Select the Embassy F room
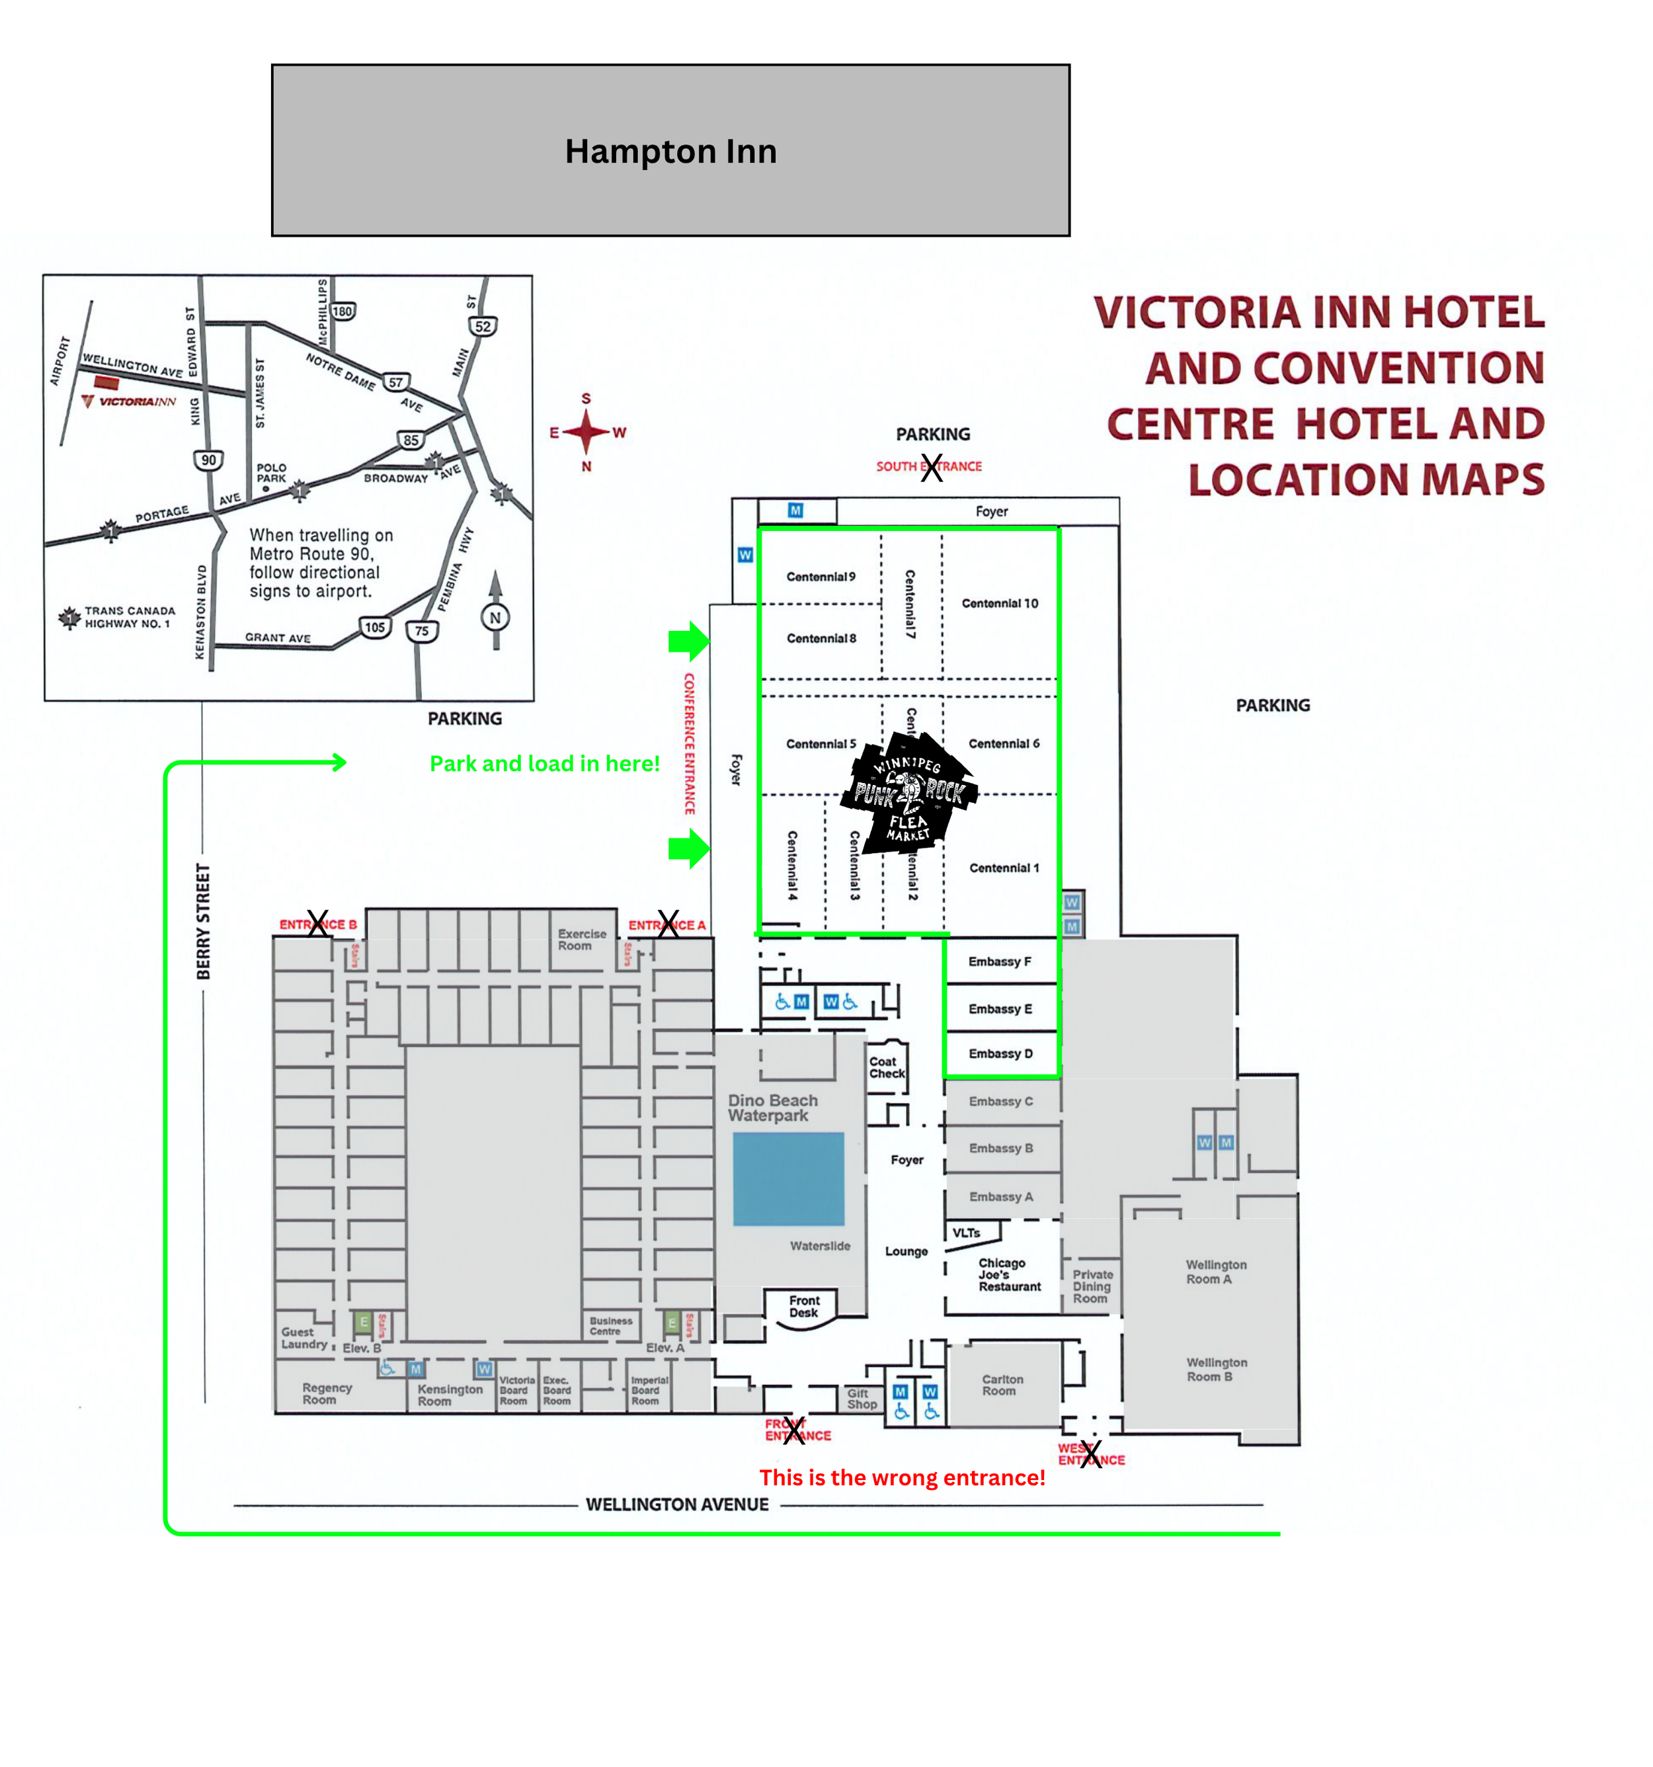[x=1000, y=962]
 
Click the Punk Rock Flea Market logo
[x=908, y=794]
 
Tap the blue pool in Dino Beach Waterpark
[x=788, y=1178]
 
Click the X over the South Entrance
[x=930, y=468]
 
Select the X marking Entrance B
[x=317, y=923]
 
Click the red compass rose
[x=586, y=432]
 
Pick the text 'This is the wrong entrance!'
[x=901, y=1478]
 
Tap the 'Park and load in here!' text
[x=544, y=764]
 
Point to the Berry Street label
[x=204, y=922]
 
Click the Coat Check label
[x=886, y=1067]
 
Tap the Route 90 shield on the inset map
[x=208, y=460]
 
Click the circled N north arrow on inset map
[x=495, y=617]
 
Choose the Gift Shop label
[x=861, y=1399]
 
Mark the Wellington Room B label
[x=1216, y=1370]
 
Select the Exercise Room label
[x=581, y=940]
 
